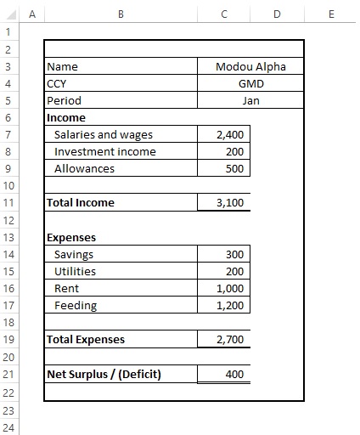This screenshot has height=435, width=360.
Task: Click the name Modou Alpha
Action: (x=250, y=66)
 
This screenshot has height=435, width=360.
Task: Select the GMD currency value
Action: (x=250, y=83)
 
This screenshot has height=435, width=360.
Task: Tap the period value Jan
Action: (x=250, y=100)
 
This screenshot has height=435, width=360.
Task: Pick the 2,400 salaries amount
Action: (x=230, y=134)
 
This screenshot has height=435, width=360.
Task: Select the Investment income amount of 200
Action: (x=235, y=151)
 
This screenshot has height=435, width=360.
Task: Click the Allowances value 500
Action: (x=235, y=168)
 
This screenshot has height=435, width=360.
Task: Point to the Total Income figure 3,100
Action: (x=230, y=203)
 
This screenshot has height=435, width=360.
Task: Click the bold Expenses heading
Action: (x=71, y=238)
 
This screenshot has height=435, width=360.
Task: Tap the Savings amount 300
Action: (x=235, y=255)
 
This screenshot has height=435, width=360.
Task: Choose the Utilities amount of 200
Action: (x=235, y=272)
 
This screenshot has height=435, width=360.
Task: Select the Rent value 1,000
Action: (x=230, y=289)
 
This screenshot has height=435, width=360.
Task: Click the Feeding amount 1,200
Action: (x=230, y=306)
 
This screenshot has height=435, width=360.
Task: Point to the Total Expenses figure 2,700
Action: (x=230, y=340)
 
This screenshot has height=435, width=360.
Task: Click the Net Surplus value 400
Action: (x=235, y=375)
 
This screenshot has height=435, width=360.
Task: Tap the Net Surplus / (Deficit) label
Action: (x=104, y=375)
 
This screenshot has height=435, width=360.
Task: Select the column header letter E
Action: (x=330, y=14)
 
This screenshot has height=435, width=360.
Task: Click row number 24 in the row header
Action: (x=8, y=427)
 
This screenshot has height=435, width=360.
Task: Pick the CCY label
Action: (x=57, y=83)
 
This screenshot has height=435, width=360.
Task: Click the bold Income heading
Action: (x=66, y=117)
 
